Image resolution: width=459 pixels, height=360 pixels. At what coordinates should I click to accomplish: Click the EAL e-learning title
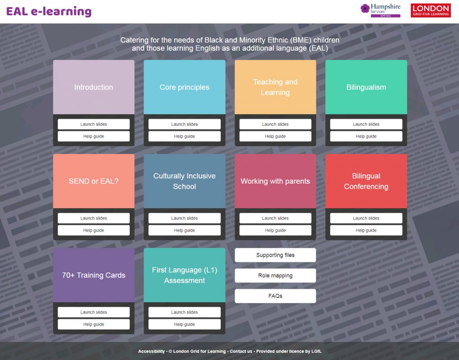coord(49,11)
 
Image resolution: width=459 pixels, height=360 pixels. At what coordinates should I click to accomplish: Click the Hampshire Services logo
coord(380,10)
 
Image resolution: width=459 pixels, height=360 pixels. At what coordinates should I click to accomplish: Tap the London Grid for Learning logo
coord(431,10)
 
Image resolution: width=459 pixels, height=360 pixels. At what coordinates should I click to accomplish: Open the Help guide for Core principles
coord(184,136)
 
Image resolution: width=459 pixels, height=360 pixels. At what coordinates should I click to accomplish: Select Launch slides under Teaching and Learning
coord(275,124)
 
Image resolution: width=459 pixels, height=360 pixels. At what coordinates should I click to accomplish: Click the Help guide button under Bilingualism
coord(366,136)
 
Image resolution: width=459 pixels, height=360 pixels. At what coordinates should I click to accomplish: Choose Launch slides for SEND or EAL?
coord(94,218)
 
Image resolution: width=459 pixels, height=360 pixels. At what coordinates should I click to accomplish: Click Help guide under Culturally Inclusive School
coord(184,230)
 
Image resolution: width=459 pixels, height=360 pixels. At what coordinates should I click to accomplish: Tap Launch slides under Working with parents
coord(275,218)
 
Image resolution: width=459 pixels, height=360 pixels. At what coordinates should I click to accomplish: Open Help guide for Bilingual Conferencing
coord(366,230)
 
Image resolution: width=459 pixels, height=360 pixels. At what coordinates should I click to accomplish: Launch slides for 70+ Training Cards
coord(94,312)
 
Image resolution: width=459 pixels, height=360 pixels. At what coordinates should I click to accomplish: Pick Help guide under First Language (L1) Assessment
coord(184,324)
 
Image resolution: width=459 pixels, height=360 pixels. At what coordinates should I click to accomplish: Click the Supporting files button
coord(275,255)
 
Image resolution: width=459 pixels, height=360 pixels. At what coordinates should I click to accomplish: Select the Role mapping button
coord(275,275)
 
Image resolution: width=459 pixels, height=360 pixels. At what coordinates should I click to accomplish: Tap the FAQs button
coord(275,296)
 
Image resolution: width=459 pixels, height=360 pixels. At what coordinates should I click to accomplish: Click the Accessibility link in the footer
coord(152,351)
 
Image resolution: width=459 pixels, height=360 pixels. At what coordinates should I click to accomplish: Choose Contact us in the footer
coord(241,351)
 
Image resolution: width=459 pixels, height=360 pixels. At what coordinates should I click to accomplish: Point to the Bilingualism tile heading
coord(366,87)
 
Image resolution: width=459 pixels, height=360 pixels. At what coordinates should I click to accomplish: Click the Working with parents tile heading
coord(275,181)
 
